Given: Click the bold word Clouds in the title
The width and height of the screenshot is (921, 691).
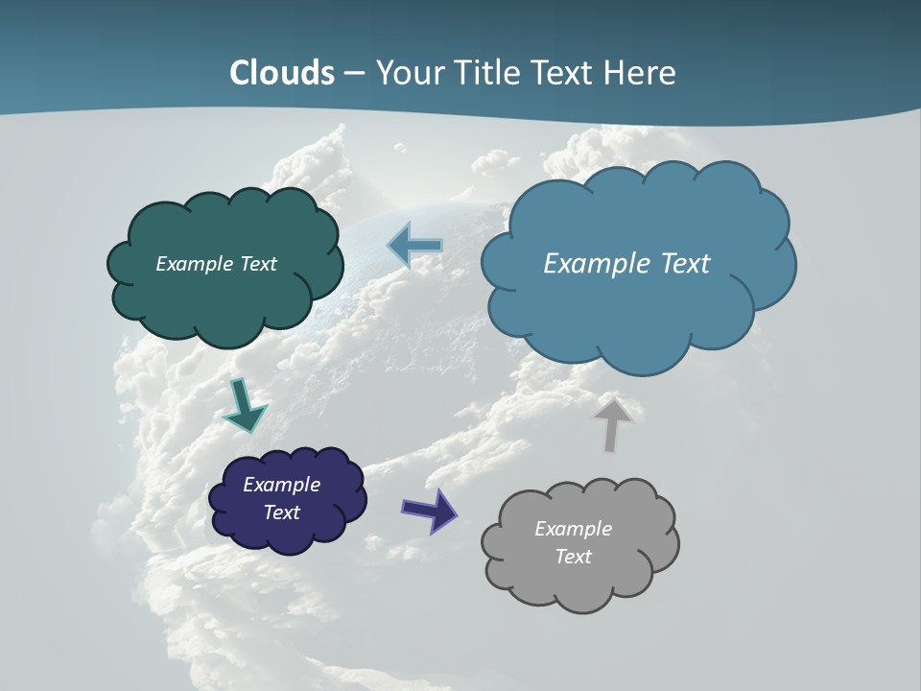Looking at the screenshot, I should (x=282, y=73).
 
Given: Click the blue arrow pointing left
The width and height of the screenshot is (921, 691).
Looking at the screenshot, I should (x=415, y=246).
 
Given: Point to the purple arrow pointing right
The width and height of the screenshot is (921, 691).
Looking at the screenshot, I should (x=430, y=510).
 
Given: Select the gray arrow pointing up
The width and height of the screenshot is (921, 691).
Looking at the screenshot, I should (x=612, y=423).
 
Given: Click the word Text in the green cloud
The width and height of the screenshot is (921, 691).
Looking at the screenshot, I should (x=257, y=264).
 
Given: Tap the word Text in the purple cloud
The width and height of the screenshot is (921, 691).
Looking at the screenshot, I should (x=282, y=512).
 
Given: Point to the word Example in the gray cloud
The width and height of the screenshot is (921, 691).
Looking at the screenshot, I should (x=573, y=529).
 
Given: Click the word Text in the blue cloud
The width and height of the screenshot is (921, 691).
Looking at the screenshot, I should (x=684, y=264).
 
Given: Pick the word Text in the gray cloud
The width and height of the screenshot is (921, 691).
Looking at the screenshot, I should (x=573, y=557).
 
